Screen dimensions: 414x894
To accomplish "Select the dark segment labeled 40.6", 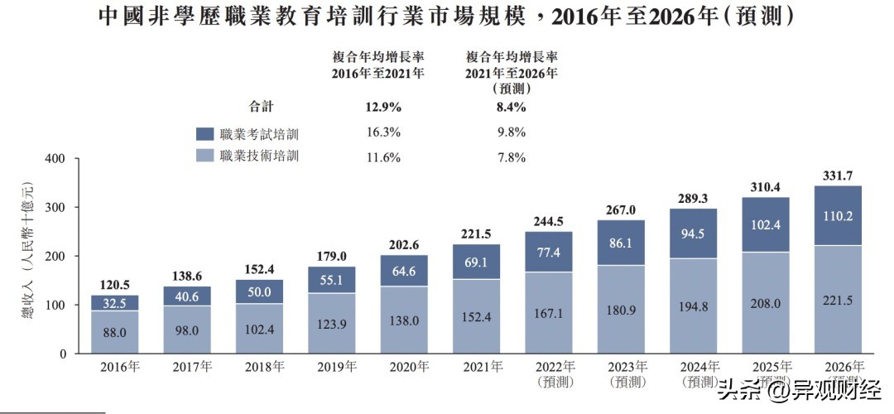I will coord(186,296).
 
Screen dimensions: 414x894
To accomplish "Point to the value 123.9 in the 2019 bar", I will coord(330,322).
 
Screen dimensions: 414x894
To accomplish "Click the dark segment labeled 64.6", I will coord(403,269).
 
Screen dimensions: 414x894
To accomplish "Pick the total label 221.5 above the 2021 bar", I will coord(475,234).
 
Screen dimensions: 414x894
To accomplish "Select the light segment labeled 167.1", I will coord(548,316).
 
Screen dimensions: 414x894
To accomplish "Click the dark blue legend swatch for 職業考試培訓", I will coord(204,132).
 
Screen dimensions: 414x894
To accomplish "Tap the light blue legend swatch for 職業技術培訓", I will coord(204,156).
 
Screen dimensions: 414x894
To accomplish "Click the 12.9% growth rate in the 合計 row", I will coord(382,107).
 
